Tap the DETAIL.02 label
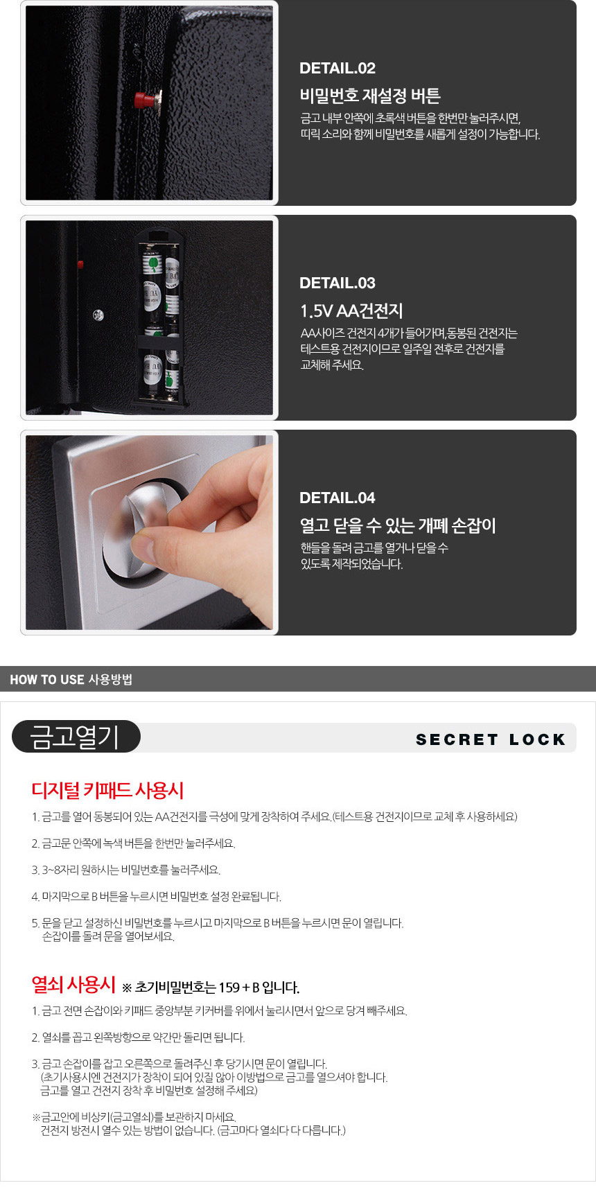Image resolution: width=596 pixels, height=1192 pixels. click(338, 68)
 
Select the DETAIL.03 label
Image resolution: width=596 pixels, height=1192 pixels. click(338, 283)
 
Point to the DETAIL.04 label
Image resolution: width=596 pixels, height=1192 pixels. click(338, 498)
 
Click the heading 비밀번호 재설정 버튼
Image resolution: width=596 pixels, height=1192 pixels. click(370, 96)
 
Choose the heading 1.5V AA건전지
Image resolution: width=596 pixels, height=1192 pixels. click(351, 310)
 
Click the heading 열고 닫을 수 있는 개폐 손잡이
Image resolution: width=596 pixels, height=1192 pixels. click(398, 525)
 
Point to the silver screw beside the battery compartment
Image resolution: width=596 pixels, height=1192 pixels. click(98, 315)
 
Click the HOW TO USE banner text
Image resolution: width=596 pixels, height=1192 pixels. click(71, 679)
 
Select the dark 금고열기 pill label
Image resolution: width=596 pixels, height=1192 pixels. click(76, 737)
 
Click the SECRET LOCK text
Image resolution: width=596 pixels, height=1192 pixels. click(491, 739)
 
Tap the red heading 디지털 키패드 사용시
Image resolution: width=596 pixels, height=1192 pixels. click(107, 790)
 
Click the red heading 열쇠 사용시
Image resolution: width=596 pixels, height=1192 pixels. click(73, 984)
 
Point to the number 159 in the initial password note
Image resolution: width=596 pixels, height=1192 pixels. click(229, 988)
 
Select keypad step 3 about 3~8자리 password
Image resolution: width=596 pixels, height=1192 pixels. click(126, 870)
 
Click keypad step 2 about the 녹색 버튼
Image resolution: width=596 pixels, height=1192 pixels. click(133, 843)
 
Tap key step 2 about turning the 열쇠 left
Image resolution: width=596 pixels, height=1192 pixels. click(138, 1037)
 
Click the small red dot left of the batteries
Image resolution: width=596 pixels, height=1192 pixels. click(80, 264)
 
